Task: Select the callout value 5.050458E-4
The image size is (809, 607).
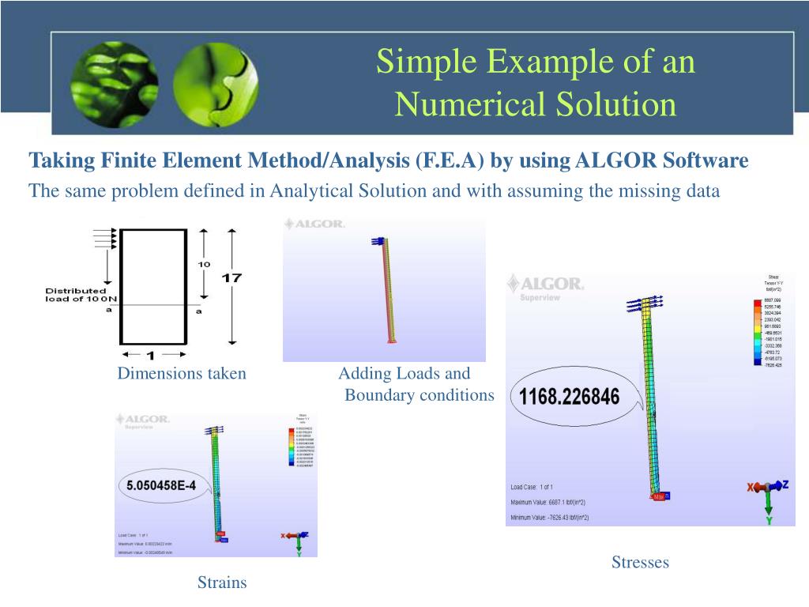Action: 160,485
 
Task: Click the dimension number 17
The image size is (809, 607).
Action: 231,278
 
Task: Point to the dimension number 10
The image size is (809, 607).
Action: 204,263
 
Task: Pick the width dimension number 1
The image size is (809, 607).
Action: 151,356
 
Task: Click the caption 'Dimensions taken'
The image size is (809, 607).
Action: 182,374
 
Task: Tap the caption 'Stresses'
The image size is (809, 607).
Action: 640,563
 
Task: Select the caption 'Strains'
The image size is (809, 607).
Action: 222,582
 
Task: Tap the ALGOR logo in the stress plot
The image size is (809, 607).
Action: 546,284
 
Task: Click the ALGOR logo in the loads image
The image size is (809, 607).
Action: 315,224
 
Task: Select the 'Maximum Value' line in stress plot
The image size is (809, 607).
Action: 548,503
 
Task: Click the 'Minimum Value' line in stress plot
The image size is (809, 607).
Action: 549,518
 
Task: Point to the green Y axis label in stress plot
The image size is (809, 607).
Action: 769,521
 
